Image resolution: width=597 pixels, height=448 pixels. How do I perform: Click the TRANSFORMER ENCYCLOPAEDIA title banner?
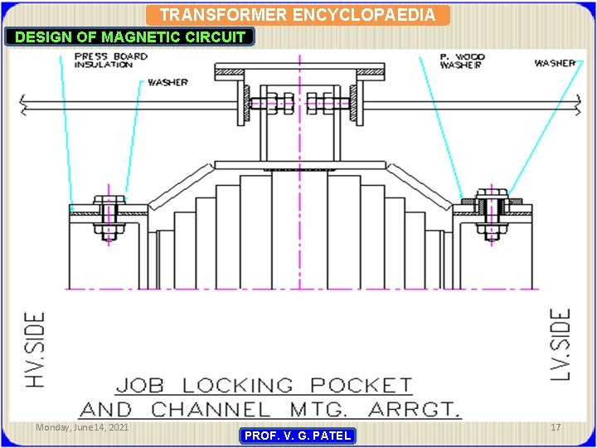(297, 15)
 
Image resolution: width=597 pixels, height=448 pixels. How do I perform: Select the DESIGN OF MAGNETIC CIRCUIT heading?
(130, 37)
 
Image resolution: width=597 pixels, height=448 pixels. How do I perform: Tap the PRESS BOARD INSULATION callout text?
(110, 61)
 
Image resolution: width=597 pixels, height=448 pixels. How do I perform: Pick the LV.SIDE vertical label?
(561, 345)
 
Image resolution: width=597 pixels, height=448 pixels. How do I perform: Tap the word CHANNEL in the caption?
(211, 409)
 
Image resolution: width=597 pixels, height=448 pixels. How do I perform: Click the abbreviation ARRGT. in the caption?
(412, 409)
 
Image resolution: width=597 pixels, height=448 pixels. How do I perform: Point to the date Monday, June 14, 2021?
(82, 427)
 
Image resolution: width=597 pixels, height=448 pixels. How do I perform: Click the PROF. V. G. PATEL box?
(298, 436)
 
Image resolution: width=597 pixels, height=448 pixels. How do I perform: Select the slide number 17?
(556, 427)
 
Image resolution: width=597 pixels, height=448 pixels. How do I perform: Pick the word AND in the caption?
(105, 409)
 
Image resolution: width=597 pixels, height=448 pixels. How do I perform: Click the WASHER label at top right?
(555, 63)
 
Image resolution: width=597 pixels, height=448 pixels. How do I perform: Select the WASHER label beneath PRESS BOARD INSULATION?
(167, 82)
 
